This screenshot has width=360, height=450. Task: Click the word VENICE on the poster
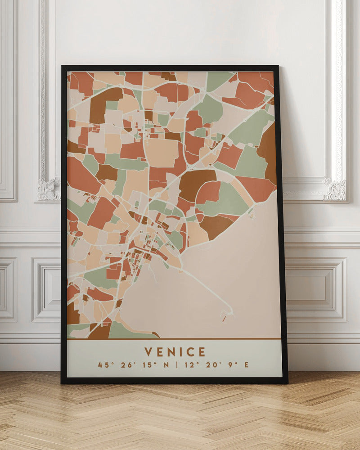[x=175, y=351]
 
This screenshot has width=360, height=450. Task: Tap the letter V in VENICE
[x=148, y=351]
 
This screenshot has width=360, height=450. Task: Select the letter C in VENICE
[x=191, y=351]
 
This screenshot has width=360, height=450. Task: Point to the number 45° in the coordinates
[x=104, y=365]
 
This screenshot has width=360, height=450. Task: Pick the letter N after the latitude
[x=166, y=365]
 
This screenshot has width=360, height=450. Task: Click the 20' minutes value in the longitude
[x=212, y=365]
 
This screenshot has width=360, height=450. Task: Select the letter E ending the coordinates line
[x=246, y=365]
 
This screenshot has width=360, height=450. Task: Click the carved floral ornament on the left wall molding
[x=49, y=189]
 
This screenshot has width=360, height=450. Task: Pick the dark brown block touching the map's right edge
[x=268, y=151]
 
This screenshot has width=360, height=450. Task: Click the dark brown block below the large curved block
[x=215, y=225]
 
